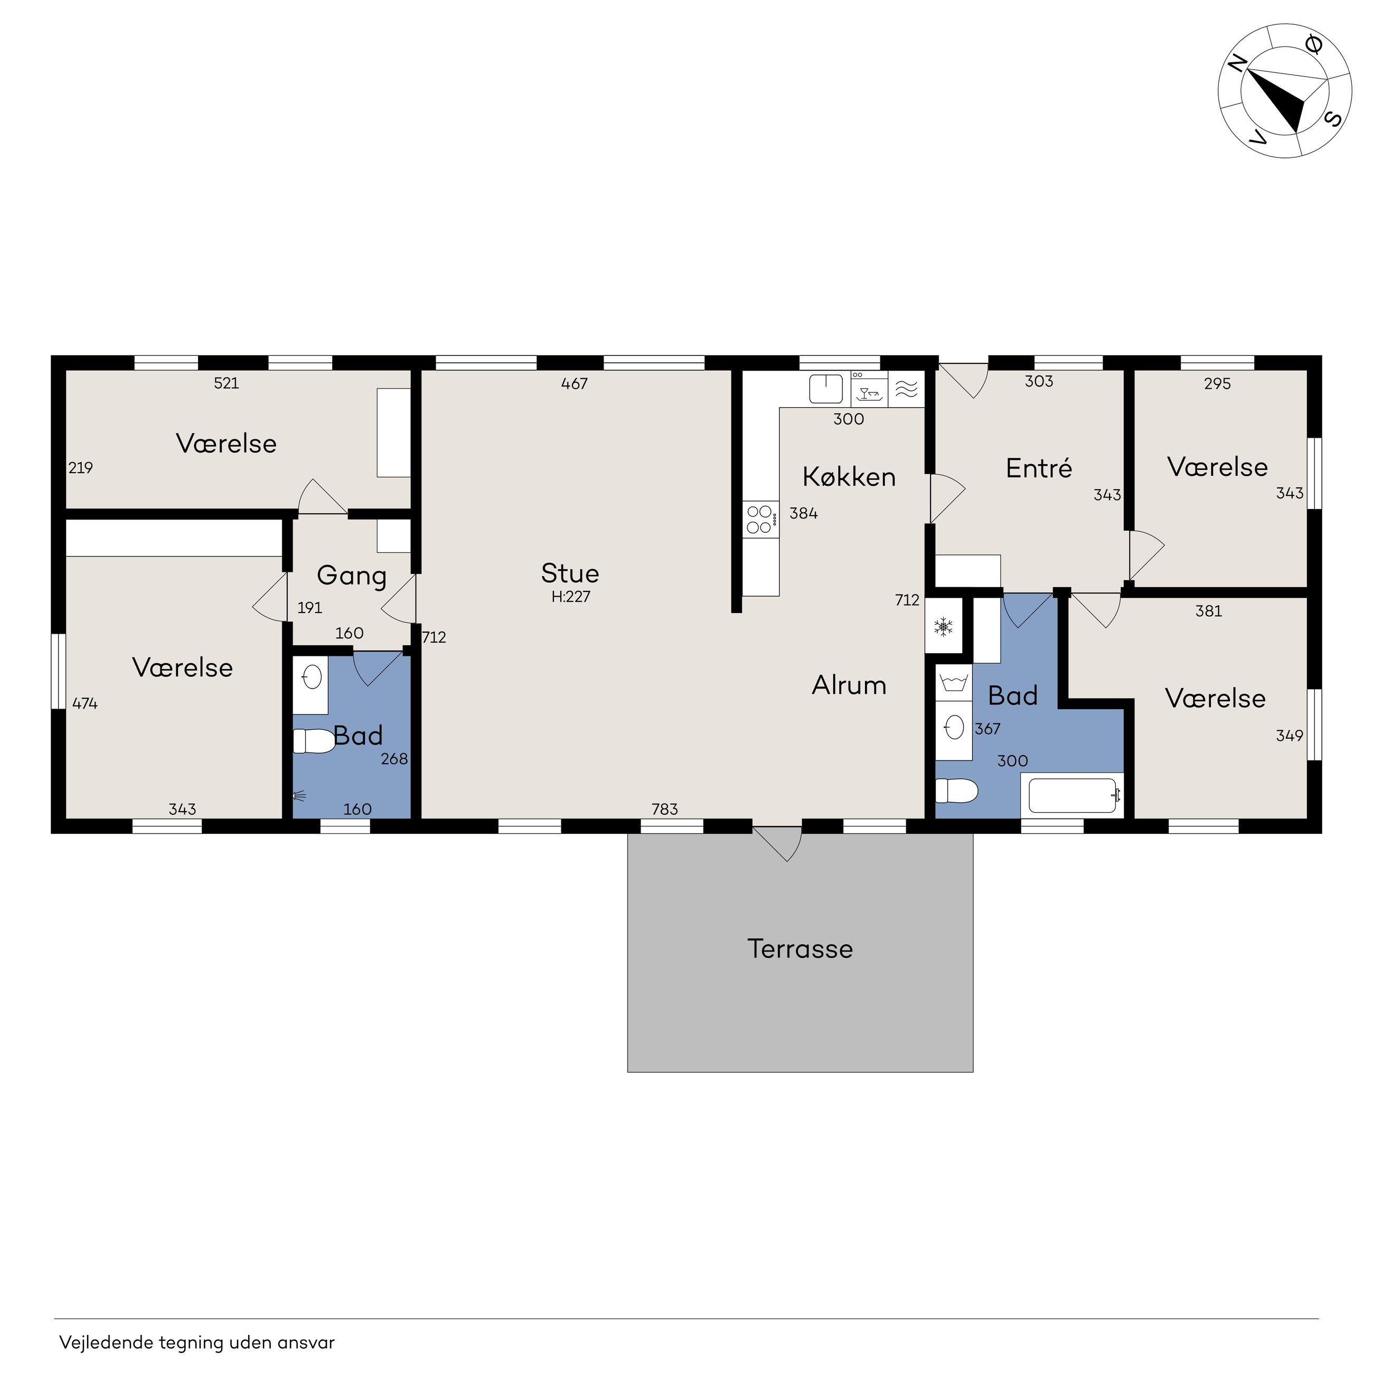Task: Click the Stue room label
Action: pos(570,573)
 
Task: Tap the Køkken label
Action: pos(849,477)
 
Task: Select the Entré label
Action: pos(1039,468)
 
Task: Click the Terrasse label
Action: pos(800,949)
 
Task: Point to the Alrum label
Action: pos(849,685)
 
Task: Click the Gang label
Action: pos(352,576)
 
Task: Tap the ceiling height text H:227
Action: pos(571,597)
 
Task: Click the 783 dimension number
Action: pos(665,808)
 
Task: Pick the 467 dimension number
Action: pos(574,384)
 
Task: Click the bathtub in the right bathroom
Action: pos(1073,795)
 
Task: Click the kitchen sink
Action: pos(826,389)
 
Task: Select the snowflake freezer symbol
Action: pos(944,626)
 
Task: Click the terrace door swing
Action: pos(779,843)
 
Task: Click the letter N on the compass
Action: pos(1237,64)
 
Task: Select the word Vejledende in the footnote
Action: pos(107,1342)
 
